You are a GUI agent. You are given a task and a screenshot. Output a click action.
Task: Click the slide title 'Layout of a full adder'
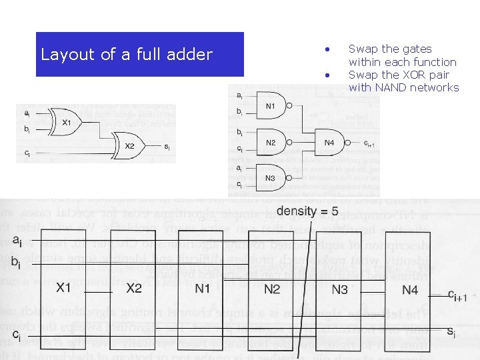(127, 55)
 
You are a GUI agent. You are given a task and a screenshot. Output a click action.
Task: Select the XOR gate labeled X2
(131, 146)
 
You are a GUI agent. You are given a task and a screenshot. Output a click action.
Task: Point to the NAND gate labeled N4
(331, 143)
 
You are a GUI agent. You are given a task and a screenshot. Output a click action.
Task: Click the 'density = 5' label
(307, 211)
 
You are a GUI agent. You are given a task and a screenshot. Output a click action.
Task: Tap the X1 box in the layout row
(64, 287)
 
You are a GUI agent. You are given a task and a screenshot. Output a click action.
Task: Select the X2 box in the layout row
(134, 287)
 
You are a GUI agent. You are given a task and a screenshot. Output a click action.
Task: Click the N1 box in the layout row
(203, 287)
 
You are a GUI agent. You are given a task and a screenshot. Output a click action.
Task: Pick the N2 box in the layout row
(271, 287)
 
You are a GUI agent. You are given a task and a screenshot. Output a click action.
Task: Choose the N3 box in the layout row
(340, 287)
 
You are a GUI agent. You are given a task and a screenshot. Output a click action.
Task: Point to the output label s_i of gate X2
(167, 146)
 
